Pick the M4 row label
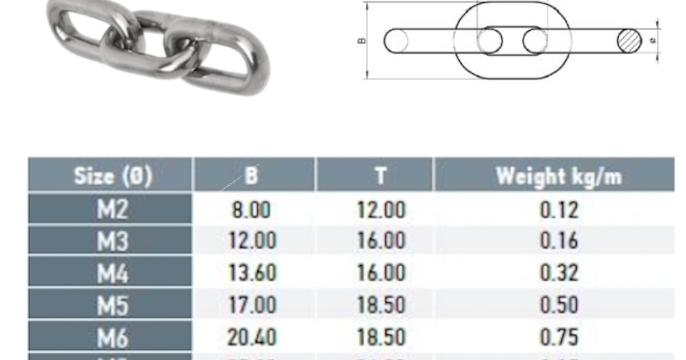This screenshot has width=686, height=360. (x=113, y=273)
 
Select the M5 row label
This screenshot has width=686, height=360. (x=113, y=305)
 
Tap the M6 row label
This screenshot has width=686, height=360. (x=113, y=337)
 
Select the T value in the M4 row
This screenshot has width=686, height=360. (x=381, y=273)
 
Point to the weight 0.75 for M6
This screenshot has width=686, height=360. (x=559, y=337)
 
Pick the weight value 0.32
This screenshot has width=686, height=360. (x=559, y=273)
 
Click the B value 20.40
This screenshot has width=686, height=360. (x=251, y=337)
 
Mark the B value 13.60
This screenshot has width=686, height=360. (x=251, y=273)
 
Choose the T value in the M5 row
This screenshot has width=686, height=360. (x=381, y=305)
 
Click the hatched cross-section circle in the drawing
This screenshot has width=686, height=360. (x=630, y=41)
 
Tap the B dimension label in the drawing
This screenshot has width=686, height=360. (x=362, y=41)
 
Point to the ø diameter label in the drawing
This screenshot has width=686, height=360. (x=653, y=41)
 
